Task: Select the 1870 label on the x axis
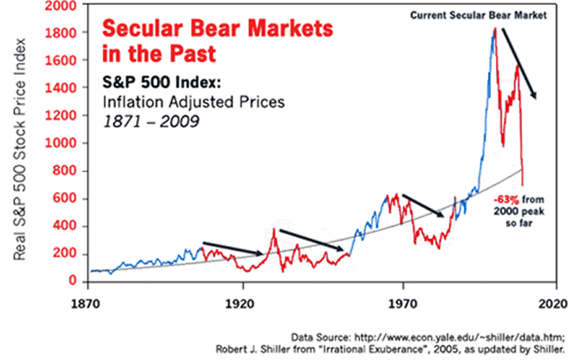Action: pyautogui.click(x=86, y=303)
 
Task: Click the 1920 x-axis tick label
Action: pyautogui.click(x=240, y=303)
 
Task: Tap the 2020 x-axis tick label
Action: pyautogui.click(x=554, y=303)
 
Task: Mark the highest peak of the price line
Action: pyautogui.click(x=495, y=29)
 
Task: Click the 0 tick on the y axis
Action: pyautogui.click(x=75, y=281)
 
